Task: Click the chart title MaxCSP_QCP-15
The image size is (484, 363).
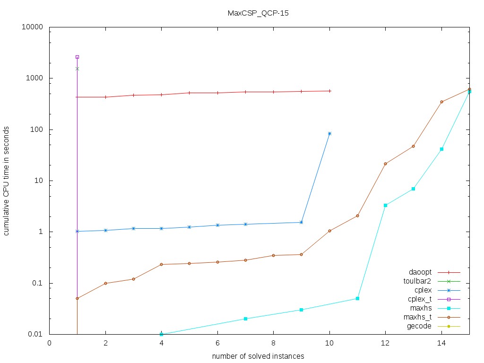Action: (258, 13)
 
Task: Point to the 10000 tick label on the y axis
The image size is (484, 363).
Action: (33, 27)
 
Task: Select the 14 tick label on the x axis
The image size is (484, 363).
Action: (441, 344)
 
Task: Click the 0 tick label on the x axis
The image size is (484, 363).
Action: (49, 344)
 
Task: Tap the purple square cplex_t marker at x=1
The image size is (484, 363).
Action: (77, 57)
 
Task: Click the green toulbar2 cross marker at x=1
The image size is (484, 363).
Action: (77, 69)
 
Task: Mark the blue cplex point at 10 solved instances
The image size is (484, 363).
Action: (329, 133)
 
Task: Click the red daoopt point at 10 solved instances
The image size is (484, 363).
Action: (329, 91)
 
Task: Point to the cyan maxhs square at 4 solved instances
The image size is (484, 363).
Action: (161, 334)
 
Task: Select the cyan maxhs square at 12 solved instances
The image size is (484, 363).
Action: (385, 205)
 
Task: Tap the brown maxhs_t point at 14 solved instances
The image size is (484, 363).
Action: (441, 102)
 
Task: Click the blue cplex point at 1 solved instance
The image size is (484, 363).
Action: (77, 231)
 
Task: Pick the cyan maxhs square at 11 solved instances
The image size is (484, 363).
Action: (357, 298)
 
